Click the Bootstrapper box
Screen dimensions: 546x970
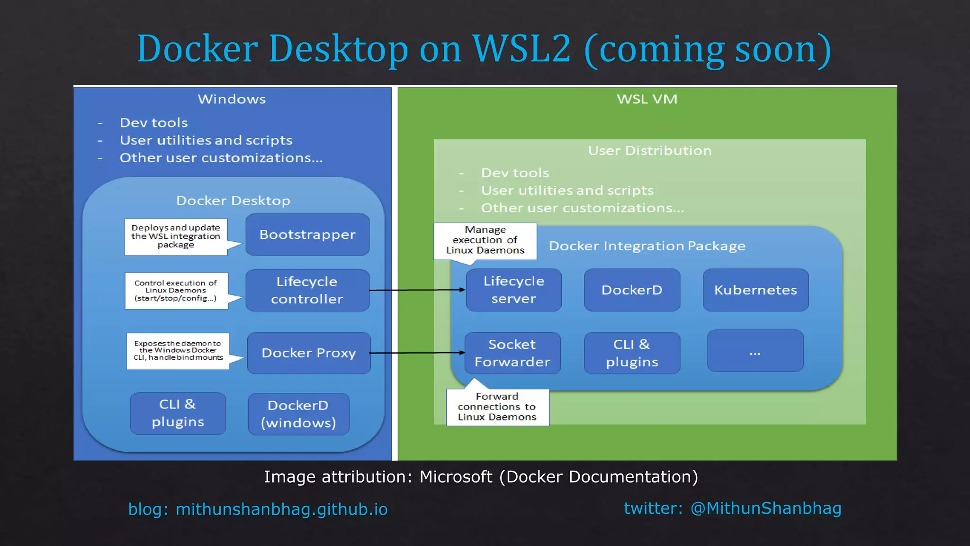[x=307, y=235]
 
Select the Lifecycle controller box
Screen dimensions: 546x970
[x=307, y=290]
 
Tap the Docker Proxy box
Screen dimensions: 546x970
[x=309, y=353]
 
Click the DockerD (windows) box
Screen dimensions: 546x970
[x=298, y=414]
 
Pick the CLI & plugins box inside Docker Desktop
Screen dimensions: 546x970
[x=178, y=413]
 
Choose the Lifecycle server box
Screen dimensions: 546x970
[x=514, y=290]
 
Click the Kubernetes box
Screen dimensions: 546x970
[x=755, y=290]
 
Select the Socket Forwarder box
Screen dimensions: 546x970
[x=512, y=353]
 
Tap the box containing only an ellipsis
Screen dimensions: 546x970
[x=755, y=351]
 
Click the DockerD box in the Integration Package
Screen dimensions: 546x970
[x=632, y=290]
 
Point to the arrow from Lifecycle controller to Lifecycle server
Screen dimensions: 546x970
[x=417, y=290]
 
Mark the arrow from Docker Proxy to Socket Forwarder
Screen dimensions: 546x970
[x=417, y=353]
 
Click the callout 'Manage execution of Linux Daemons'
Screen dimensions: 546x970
[x=485, y=240]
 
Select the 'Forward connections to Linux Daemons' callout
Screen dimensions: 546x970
[x=497, y=407]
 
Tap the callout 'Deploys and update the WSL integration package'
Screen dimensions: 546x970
[x=176, y=237]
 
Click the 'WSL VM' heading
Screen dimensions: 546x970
[x=647, y=99]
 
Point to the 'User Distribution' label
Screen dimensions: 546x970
[x=650, y=151]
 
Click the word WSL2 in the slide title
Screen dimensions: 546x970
[x=521, y=48]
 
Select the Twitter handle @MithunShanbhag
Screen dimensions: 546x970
[x=766, y=508]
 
